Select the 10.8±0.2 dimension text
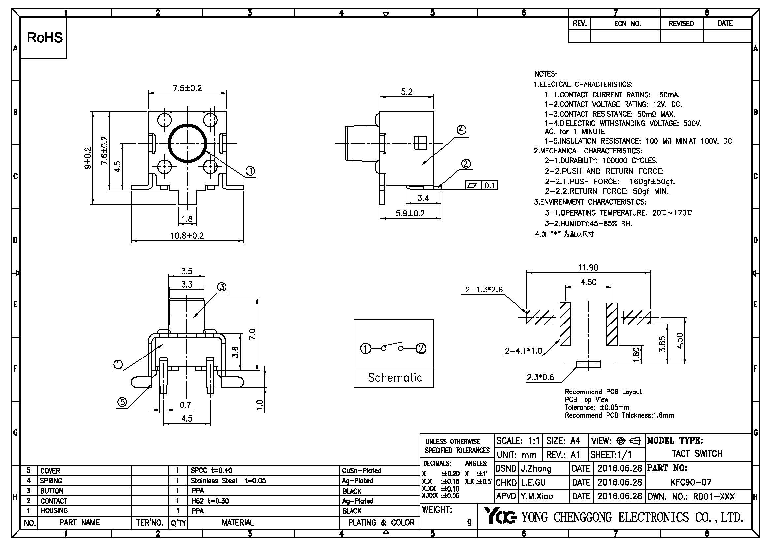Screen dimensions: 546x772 (x=187, y=236)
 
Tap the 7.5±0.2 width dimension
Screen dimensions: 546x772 (x=187, y=88)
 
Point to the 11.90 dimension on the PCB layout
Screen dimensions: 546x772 (x=588, y=268)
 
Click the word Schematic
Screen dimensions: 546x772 (x=395, y=378)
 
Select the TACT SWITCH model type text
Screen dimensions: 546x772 (x=697, y=454)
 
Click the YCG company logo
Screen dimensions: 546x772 (x=500, y=516)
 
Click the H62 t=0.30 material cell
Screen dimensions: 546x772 (x=210, y=501)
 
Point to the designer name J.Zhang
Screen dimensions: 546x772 (x=536, y=469)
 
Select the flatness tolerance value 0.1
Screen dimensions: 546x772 (x=490, y=185)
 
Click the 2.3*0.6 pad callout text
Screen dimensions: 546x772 (x=540, y=377)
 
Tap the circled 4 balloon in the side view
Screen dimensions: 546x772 (x=462, y=130)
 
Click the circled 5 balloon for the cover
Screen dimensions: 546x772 (x=122, y=402)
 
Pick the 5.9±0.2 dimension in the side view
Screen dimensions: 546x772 (x=410, y=213)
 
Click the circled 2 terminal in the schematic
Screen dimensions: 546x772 (x=421, y=349)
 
